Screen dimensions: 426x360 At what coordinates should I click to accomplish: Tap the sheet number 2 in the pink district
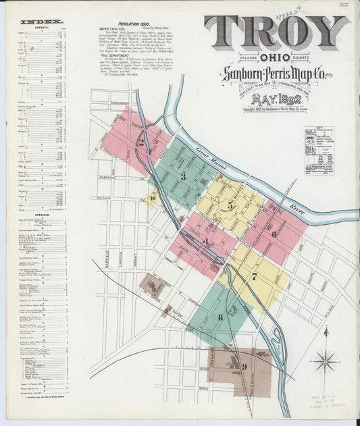(x=140, y=142)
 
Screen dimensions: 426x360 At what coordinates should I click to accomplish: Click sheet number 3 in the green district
(x=182, y=177)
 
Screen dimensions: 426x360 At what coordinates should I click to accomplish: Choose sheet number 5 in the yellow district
(x=230, y=205)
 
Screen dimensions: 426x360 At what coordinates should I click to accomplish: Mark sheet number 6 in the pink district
(x=274, y=234)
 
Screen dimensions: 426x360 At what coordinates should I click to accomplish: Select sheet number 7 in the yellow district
(x=254, y=275)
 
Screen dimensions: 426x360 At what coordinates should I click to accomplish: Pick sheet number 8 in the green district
(x=220, y=317)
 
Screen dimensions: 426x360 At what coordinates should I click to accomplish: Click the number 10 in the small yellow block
(x=153, y=198)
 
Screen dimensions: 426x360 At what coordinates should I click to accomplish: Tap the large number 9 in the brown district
(x=244, y=367)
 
